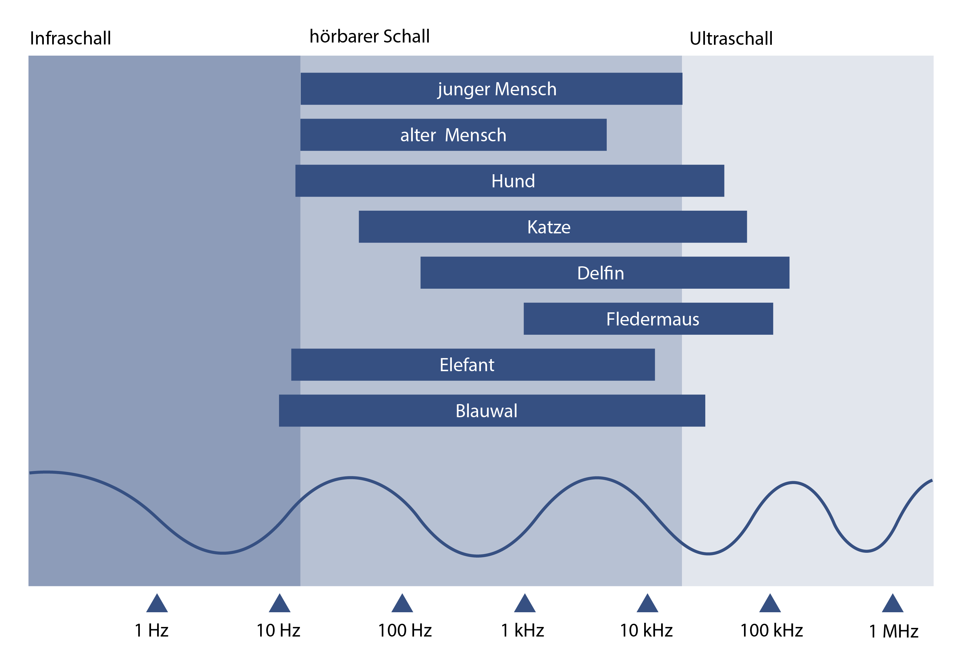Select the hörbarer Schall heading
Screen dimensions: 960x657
(370, 36)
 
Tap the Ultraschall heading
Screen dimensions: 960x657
(731, 38)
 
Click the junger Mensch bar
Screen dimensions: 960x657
(491, 89)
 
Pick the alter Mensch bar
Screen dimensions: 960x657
(453, 135)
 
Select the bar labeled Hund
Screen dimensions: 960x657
(509, 181)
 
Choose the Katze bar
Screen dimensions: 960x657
(553, 227)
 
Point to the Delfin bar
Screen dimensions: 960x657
(605, 273)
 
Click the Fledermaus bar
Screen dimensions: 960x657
(648, 319)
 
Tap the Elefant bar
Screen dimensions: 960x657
(473, 365)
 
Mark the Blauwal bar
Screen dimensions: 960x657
(492, 411)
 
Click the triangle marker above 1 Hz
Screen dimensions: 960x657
(157, 603)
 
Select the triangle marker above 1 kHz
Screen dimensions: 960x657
(524, 603)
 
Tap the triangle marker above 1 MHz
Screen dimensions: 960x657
(892, 603)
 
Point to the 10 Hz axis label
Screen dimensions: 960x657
(278, 630)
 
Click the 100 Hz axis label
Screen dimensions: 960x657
(405, 630)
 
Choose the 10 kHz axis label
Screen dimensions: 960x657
(646, 630)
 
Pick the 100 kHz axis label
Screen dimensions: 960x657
(771, 630)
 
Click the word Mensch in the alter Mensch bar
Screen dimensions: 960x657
(476, 135)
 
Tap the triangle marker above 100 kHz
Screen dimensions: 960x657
(770, 603)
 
